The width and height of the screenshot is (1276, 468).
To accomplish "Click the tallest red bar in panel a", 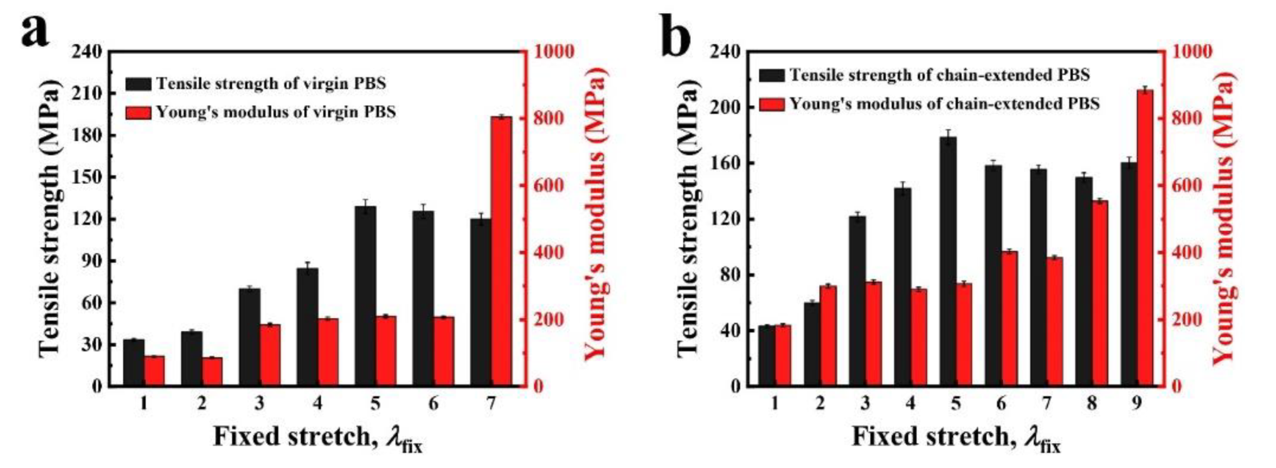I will coord(501,250).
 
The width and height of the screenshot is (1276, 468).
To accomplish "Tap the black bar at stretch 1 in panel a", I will coord(133,363).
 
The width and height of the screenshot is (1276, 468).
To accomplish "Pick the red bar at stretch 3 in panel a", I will coord(270,355).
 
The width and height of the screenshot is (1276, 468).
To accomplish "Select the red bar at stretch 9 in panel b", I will coord(1145,238).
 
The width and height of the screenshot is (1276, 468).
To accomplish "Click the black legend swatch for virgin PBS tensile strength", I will coord(138,84).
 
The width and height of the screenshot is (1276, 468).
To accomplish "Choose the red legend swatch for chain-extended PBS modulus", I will coord(772,104).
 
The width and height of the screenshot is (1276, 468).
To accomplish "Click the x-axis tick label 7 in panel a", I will coord(491,404).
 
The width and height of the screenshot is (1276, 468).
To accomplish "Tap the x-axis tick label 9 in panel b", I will coord(1136,404).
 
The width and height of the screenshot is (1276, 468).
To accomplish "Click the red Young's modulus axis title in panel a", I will coord(596,213).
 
